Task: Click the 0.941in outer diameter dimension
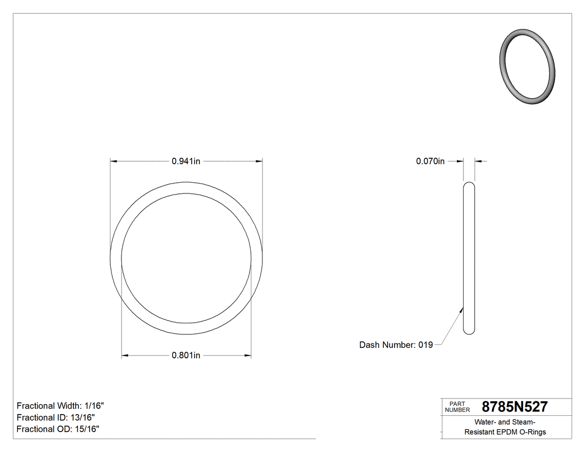click(186, 162)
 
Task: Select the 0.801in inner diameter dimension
click(186, 356)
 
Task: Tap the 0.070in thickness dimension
click(430, 162)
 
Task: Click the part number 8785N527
click(514, 407)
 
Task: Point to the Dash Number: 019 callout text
click(396, 345)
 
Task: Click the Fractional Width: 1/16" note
click(60, 406)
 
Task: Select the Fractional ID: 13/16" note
click(56, 417)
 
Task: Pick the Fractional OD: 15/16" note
click(58, 429)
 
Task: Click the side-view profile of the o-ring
click(469, 258)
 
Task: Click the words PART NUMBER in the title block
click(457, 407)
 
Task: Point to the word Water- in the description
click(486, 422)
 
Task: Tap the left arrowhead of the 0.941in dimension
click(114, 162)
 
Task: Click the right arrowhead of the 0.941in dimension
click(259, 162)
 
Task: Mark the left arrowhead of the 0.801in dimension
click(125, 356)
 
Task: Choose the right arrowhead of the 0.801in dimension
click(247, 356)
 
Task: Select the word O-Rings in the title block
click(532, 432)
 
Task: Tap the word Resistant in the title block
click(481, 432)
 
